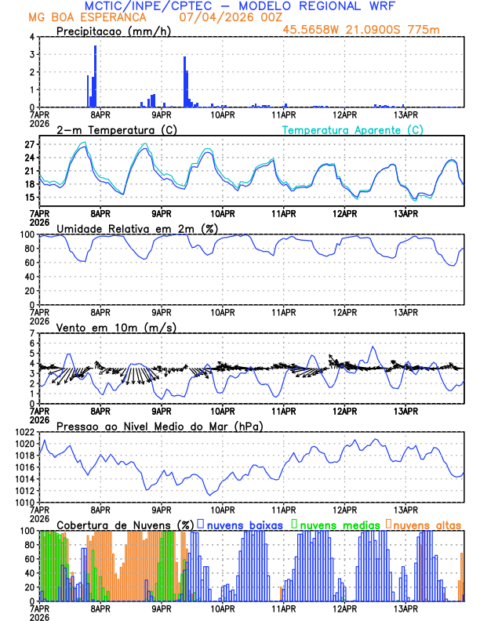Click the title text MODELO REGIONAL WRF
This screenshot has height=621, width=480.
pyautogui.click(x=327, y=6)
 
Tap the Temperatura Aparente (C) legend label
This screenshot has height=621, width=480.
pyautogui.click(x=352, y=129)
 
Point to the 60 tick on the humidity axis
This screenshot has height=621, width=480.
pyautogui.click(x=28, y=263)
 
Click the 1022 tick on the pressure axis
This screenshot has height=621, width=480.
pyautogui.click(x=24, y=433)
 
